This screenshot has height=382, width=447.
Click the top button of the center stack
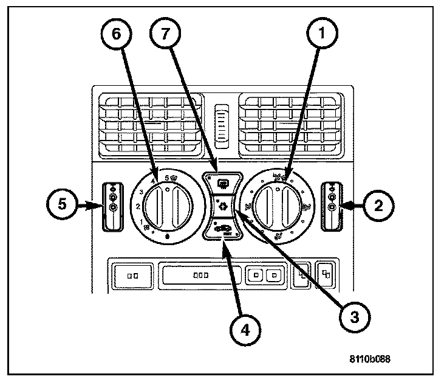tap(221, 182)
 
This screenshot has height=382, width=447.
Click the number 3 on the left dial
tap(140, 192)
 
